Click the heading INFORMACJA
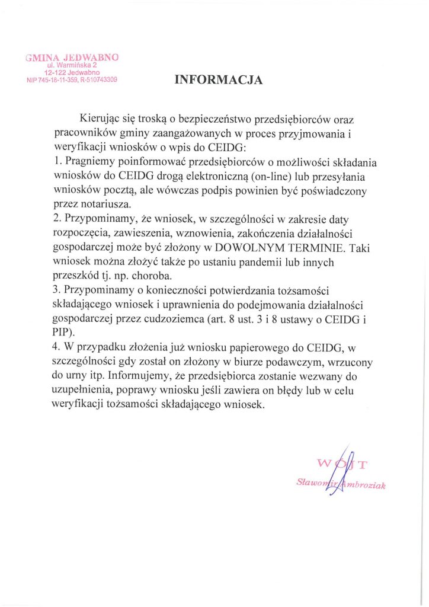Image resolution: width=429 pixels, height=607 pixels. point(218,81)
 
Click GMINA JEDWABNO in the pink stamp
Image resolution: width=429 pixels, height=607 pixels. point(72,57)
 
